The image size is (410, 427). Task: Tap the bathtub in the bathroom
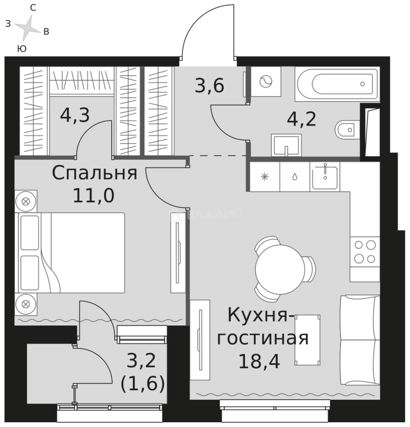pos(337,83)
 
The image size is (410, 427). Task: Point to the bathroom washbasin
pos(286,145)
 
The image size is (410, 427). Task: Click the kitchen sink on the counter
pos(325,178)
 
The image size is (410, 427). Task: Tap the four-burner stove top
pos(365,252)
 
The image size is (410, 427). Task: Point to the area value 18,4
pos(259,361)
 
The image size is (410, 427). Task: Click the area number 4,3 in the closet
pos(75,115)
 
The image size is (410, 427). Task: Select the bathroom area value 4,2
pos(301,118)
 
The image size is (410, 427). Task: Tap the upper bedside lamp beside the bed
pos(26,201)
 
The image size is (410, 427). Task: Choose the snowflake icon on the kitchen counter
pos(265,177)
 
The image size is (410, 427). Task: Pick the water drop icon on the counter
pos(295,177)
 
